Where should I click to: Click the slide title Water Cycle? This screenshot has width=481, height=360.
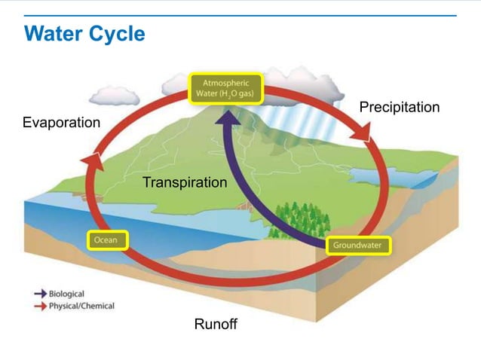click(84, 34)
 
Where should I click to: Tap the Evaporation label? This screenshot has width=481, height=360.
click(61, 122)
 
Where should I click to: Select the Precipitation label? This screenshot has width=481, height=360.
click(399, 107)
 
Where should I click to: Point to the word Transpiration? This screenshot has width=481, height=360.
click(184, 182)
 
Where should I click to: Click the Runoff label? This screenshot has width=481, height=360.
click(216, 325)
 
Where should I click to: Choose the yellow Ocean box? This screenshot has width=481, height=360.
click(107, 240)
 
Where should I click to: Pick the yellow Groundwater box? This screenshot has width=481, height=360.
click(358, 246)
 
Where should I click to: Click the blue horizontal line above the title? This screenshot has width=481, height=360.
click(240, 15)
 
